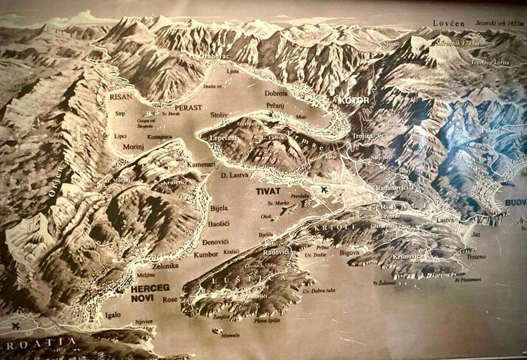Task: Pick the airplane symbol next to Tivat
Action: [323, 190]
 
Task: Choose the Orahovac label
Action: [214, 56]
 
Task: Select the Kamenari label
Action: [201, 165]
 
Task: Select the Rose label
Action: [171, 300]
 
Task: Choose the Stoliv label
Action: [219, 115]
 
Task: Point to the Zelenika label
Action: [165, 265]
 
